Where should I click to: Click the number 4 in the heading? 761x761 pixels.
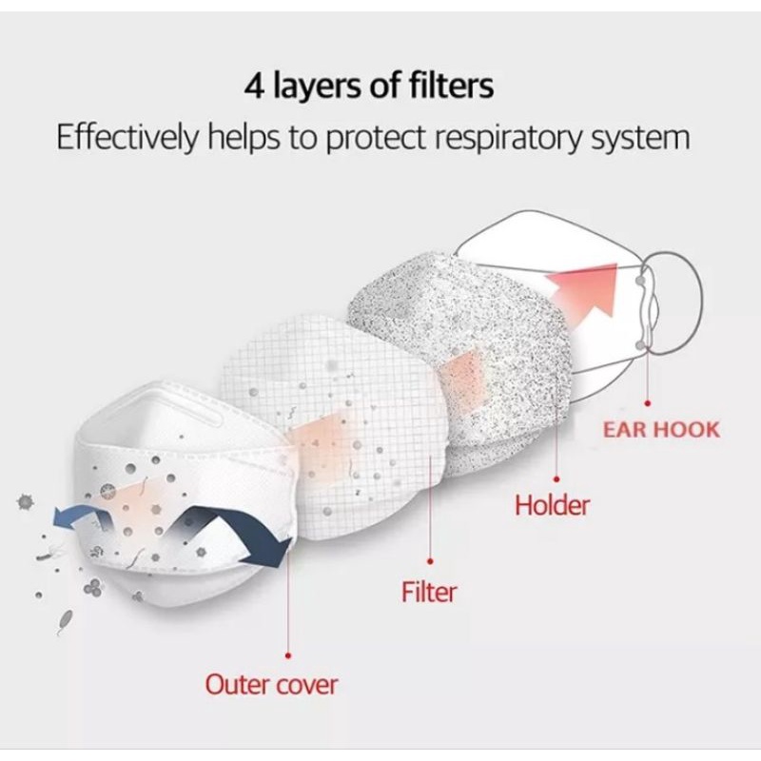254,87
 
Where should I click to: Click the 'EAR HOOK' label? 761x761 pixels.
661,429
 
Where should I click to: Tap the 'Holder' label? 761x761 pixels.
552,504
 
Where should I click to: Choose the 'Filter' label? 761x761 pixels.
429,593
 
